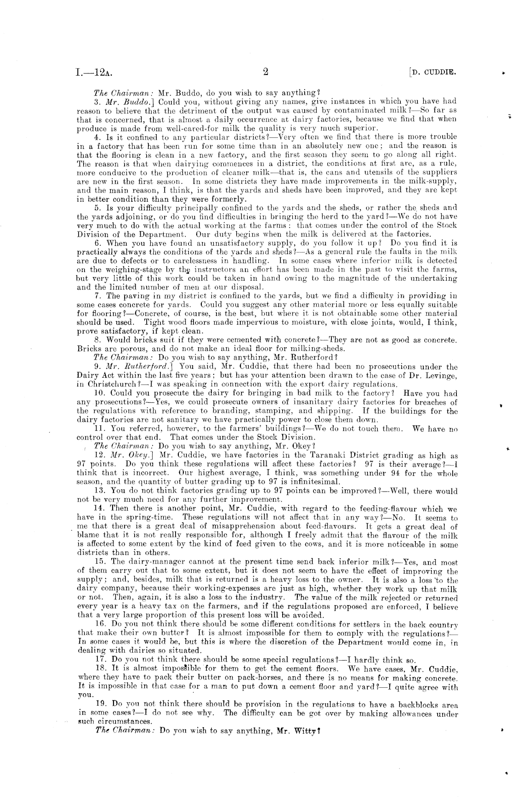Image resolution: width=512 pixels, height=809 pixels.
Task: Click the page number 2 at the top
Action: [265, 72]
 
